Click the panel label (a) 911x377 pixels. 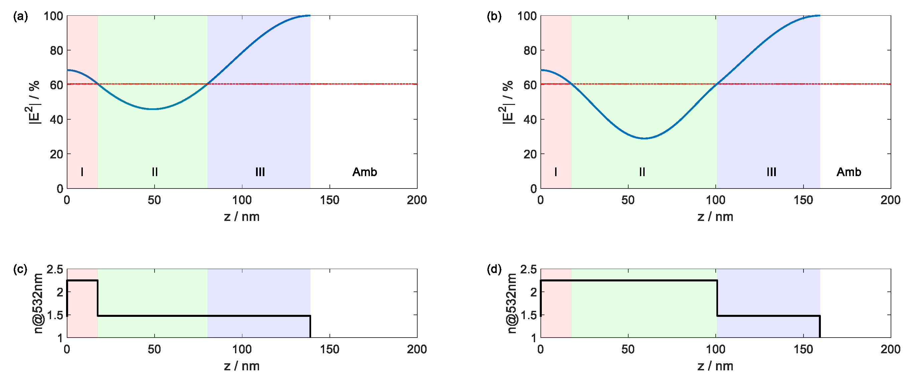pyautogui.click(x=20, y=17)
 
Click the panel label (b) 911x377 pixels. pyautogui.click(x=494, y=17)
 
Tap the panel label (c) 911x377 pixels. pyautogui.click(x=20, y=270)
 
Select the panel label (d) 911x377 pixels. pyautogui.click(x=494, y=270)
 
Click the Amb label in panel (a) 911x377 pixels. pyautogui.click(x=365, y=172)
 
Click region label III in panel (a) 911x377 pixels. pyautogui.click(x=260, y=172)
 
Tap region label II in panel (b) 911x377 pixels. pyautogui.click(x=642, y=172)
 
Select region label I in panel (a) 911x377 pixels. pyautogui.click(x=82, y=172)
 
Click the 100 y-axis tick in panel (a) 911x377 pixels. pyautogui.click(x=53, y=16)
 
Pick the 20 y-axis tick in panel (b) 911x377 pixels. pyautogui.click(x=530, y=154)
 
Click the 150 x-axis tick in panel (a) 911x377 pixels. pyautogui.click(x=329, y=200)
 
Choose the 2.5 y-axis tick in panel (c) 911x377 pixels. pyautogui.click(x=55, y=270)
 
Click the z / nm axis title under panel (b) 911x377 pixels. pyautogui.click(x=715, y=217)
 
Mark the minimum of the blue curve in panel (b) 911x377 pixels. pyautogui.click(x=645, y=138)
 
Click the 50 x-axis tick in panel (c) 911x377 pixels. pyautogui.click(x=154, y=350)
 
